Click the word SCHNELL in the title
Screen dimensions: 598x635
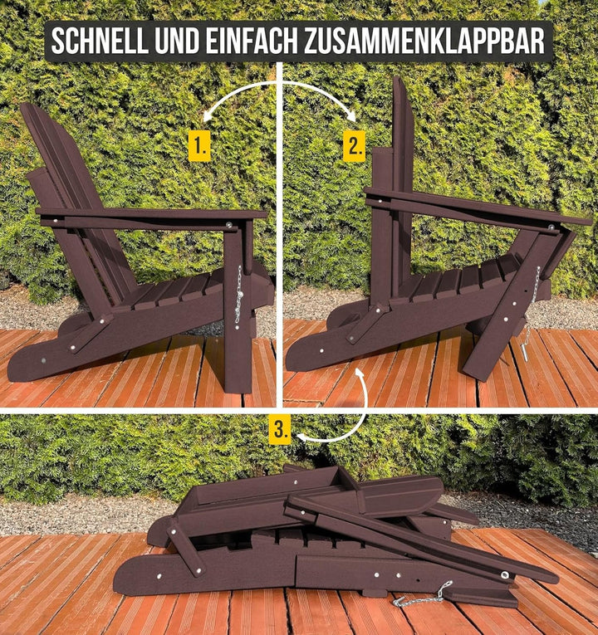(x=100, y=42)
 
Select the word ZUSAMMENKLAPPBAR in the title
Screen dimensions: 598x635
(x=424, y=42)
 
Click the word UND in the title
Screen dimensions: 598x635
(x=177, y=42)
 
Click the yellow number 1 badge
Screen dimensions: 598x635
(x=199, y=146)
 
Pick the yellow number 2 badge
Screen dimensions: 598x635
(x=354, y=146)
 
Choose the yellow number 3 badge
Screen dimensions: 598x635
(x=280, y=429)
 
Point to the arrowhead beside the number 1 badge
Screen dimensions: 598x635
(x=207, y=117)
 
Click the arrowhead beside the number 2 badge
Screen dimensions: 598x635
(x=350, y=117)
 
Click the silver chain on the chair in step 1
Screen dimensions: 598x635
(x=239, y=295)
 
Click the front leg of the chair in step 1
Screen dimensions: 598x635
(x=238, y=308)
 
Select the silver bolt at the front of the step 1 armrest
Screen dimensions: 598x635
(x=229, y=224)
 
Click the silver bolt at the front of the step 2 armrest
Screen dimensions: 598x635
(x=551, y=228)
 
